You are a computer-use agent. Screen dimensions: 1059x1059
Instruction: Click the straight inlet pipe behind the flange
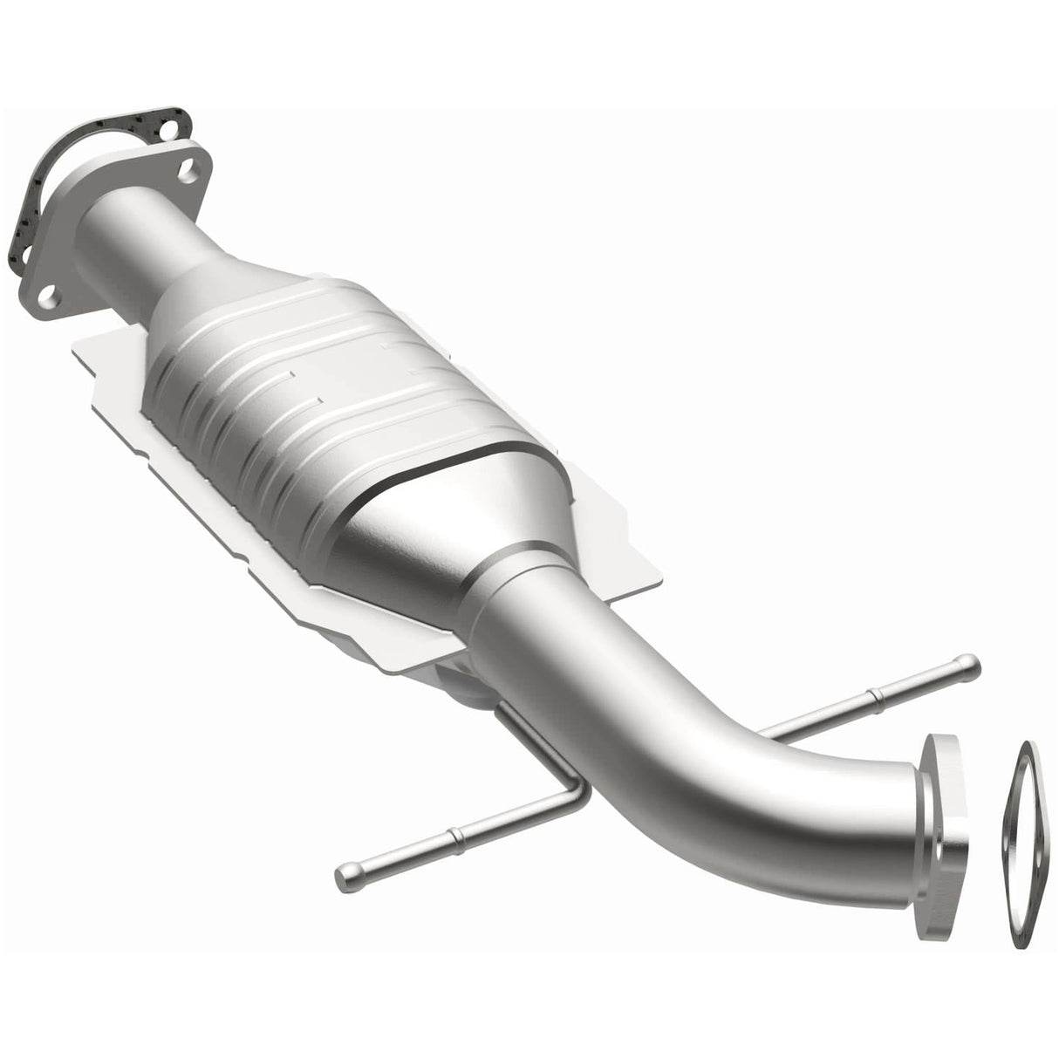(148, 227)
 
